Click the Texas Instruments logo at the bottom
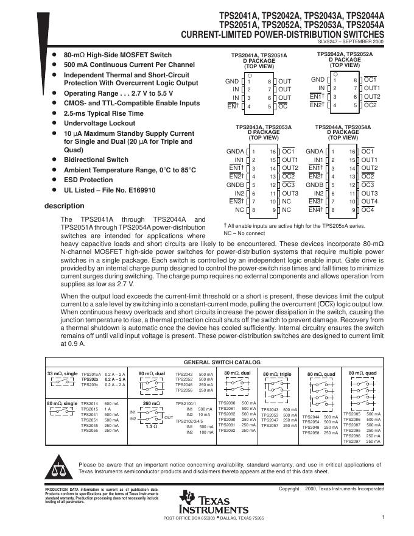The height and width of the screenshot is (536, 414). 213,502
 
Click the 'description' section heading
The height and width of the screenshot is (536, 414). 65,206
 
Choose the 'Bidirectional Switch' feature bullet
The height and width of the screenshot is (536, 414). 96,160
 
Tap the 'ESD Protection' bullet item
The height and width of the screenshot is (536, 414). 88,180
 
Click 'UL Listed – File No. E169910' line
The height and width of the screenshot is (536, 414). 110,190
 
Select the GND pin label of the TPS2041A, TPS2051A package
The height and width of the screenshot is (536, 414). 232,81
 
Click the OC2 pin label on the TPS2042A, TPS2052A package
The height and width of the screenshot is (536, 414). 371,105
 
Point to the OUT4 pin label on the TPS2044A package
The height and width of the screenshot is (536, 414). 370,201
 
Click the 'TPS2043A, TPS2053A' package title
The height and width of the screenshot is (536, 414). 264,127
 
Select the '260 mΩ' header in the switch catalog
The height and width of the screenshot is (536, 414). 151,403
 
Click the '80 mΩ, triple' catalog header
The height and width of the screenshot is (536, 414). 277,373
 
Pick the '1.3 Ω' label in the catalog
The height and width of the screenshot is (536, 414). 151,426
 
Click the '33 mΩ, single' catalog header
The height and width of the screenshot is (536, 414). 62,372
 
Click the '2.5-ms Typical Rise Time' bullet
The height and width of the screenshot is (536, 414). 103,113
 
